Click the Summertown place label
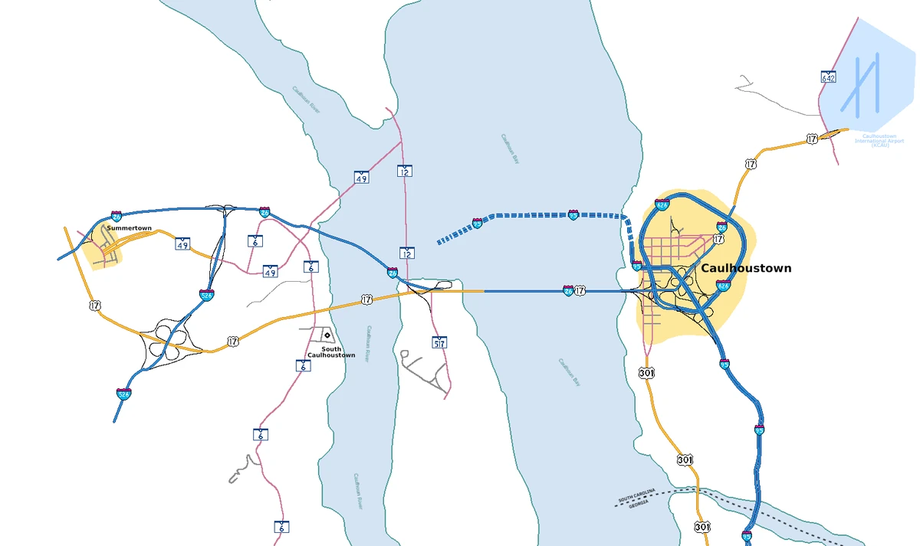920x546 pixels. coord(129,228)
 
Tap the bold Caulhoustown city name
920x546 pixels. coord(745,268)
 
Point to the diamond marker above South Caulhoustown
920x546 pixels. coord(327,335)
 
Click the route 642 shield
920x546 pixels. coord(828,77)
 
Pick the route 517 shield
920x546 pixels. coord(439,342)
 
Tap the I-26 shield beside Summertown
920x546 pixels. coord(116,217)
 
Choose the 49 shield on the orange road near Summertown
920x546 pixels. coord(182,244)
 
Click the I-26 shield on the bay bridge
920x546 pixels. coord(568,291)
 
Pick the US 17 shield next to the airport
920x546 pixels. coord(812,139)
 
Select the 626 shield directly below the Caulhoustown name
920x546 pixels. coord(723,286)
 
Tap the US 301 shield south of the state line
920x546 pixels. coord(702,527)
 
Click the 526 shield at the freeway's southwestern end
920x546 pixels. coord(123,394)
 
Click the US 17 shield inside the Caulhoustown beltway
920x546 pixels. coord(718,239)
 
